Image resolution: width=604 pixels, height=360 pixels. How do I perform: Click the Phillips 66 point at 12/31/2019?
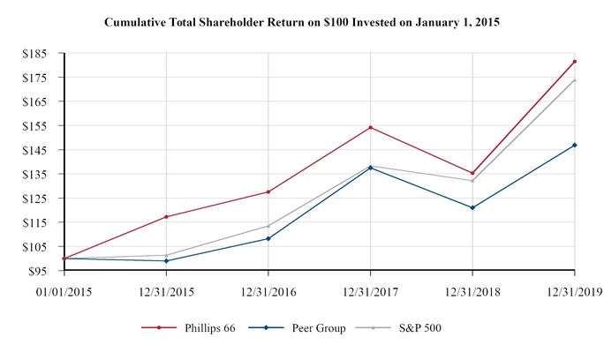[575, 62]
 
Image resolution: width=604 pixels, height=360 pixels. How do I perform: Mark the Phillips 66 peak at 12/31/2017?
[370, 127]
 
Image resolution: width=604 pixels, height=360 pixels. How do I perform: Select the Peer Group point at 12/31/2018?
[472, 207]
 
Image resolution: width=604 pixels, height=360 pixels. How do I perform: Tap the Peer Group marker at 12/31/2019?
[575, 145]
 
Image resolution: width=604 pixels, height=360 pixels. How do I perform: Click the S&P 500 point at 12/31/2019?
[575, 79]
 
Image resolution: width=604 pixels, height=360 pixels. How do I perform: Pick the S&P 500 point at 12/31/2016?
[268, 225]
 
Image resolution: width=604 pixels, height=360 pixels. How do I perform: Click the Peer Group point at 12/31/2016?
[268, 238]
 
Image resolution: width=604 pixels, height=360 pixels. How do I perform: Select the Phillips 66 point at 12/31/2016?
[268, 191]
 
